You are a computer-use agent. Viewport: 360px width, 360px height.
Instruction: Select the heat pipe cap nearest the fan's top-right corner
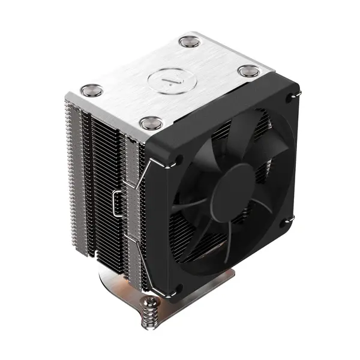tap(248, 71)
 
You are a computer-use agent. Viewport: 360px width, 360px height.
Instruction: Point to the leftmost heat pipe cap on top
tap(92, 90)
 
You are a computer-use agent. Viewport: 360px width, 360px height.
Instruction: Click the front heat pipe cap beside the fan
tap(151, 123)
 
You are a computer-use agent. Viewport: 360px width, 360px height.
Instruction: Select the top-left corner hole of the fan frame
tap(178, 160)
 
